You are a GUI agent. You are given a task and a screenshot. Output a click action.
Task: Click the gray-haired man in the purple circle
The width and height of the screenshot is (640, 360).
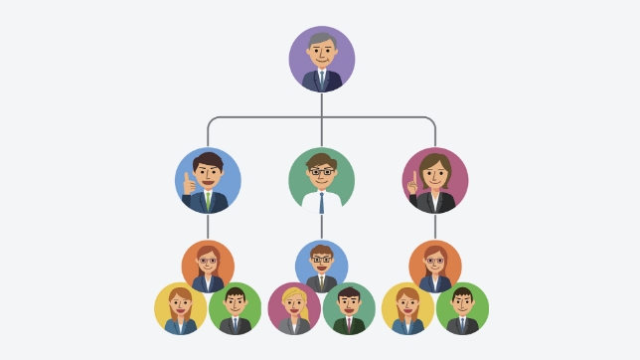coord(321,60)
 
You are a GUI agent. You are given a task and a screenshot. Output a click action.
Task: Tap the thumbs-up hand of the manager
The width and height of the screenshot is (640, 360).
coord(188,182)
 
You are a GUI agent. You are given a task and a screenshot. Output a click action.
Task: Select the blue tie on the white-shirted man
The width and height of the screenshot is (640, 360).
coord(322,202)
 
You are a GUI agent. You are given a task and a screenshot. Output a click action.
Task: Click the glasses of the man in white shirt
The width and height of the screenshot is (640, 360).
coord(321,172)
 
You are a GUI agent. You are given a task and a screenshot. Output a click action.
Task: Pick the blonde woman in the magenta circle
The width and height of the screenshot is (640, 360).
coord(294,308)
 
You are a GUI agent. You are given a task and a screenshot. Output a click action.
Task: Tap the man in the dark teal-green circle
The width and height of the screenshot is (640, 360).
coord(349,308)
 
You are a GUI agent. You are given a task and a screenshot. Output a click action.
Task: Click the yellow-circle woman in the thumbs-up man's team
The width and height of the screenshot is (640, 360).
coord(180,308)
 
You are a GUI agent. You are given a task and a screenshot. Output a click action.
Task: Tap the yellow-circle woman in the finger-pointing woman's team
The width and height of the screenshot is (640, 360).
coord(407,308)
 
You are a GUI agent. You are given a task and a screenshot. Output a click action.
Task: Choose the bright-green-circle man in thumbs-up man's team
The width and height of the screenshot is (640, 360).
coord(236,308)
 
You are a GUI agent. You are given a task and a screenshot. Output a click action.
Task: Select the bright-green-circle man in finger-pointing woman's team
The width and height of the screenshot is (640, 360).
coord(462,308)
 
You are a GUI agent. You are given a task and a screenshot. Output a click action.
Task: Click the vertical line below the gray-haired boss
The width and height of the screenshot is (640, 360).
coord(321,104)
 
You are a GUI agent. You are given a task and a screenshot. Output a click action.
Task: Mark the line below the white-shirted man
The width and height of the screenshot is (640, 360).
coord(321,227)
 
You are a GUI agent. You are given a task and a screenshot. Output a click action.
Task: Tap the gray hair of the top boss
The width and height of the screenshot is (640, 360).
coord(320,40)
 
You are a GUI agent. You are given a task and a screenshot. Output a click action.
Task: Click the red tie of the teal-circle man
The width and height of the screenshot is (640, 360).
coord(349,323)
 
